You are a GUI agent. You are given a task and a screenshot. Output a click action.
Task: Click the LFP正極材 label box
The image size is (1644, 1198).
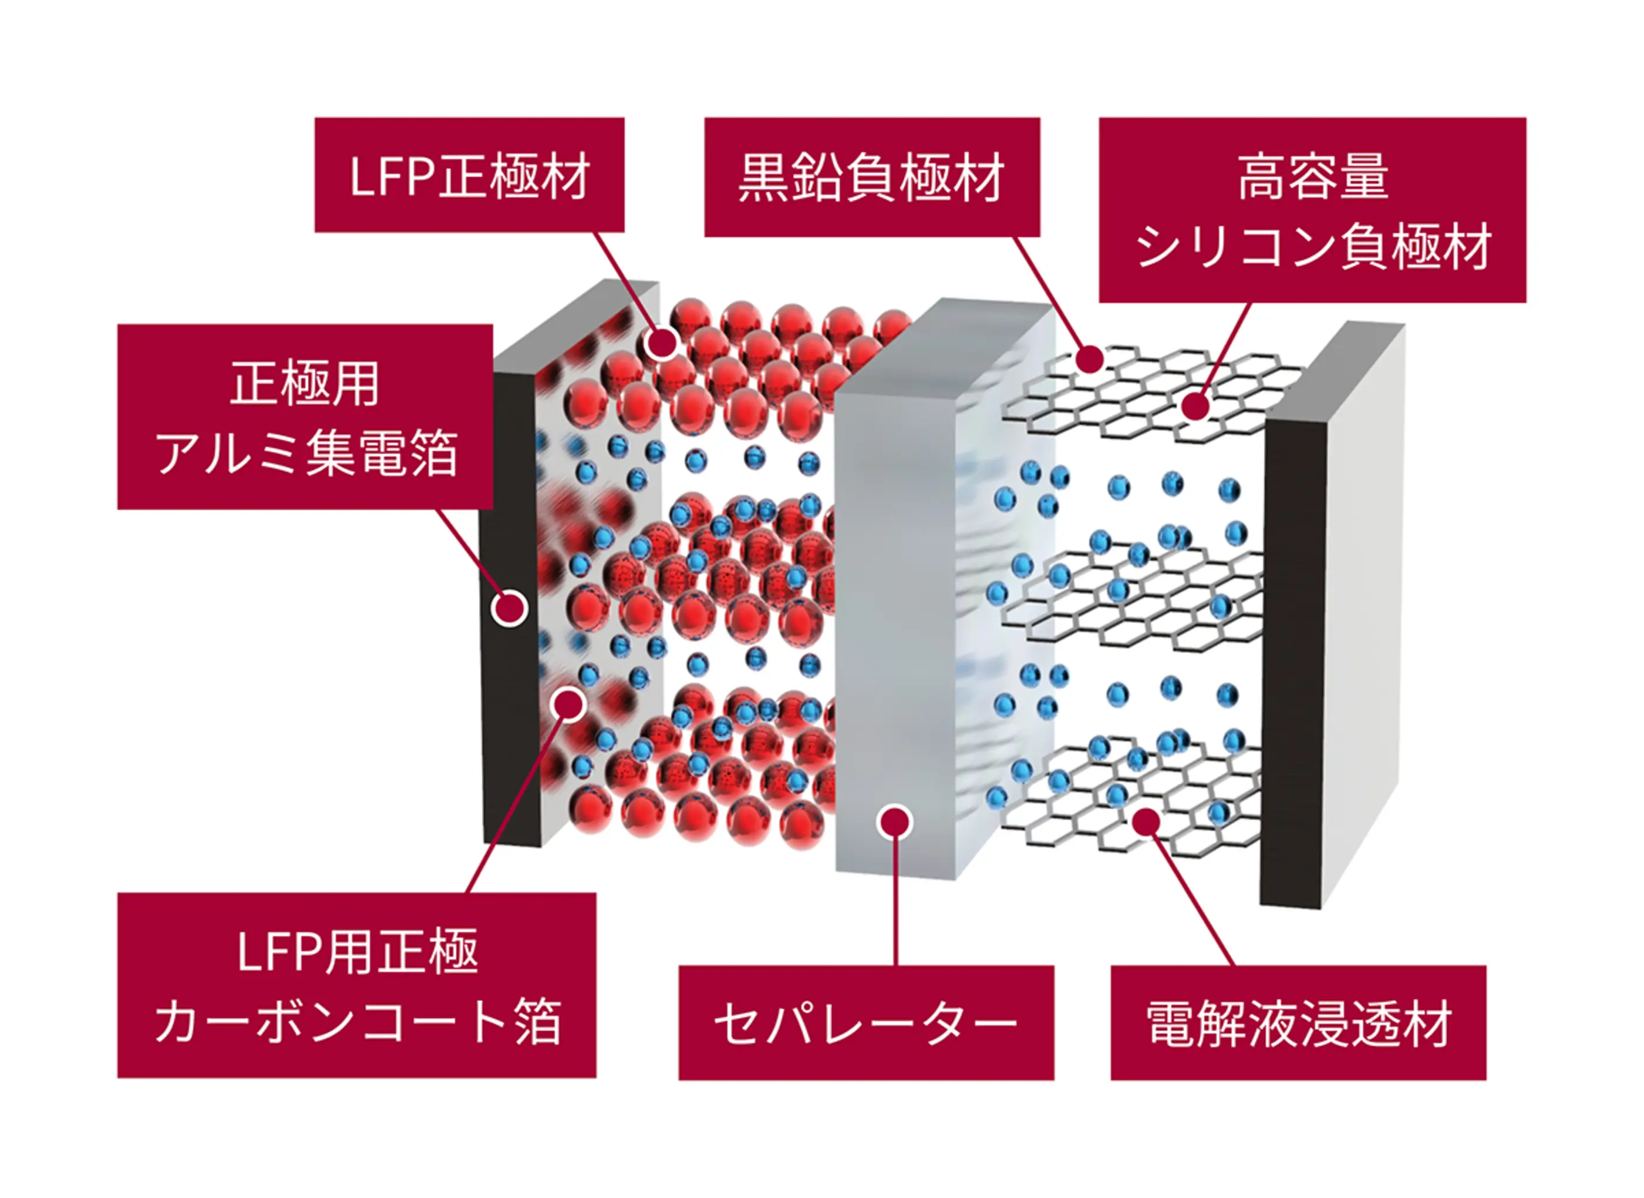469,175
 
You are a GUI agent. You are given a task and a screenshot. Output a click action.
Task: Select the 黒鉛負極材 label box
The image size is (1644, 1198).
872,177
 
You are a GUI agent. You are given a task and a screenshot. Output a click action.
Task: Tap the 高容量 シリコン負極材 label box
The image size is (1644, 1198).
1312,210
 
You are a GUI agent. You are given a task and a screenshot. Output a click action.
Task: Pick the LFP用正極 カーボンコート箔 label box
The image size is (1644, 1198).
356,985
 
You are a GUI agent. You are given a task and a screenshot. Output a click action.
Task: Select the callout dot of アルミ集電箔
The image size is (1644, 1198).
509,608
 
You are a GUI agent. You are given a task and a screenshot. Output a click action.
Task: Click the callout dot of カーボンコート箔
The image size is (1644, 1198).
568,703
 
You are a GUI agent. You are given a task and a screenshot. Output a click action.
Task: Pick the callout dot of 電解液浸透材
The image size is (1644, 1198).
1146,821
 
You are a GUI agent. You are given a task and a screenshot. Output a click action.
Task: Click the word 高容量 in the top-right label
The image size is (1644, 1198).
1313,177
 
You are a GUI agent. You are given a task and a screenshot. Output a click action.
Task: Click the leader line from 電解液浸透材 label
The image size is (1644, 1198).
1192,899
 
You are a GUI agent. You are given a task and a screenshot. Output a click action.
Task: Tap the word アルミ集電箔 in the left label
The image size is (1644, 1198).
305,453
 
